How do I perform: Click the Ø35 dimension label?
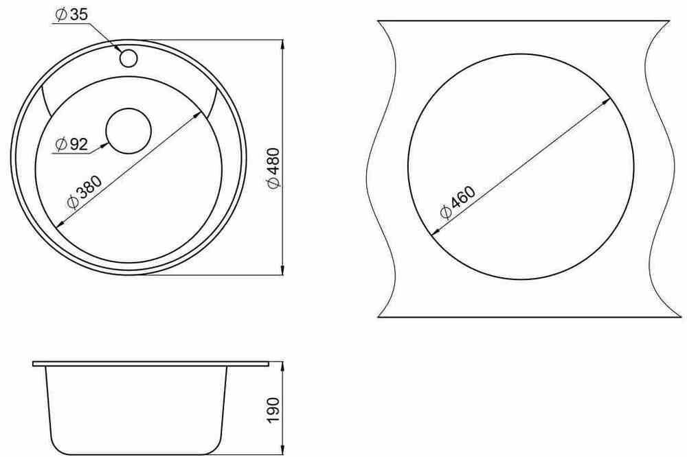coord(72,14)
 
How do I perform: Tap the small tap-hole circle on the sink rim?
coord(129,58)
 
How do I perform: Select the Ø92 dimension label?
coord(72,143)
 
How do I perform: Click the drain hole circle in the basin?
coord(128,131)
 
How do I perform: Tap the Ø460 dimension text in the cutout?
coord(458,202)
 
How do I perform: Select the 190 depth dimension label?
coord(273,410)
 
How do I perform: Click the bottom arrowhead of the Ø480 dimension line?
coord(282,270)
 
